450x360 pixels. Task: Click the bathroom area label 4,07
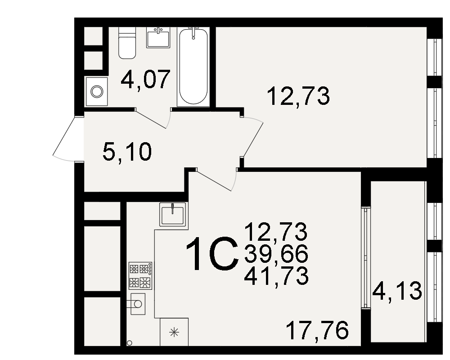click(145, 80)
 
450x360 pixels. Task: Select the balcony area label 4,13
click(397, 291)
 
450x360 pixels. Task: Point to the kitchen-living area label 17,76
click(317, 330)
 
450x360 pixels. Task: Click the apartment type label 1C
click(212, 254)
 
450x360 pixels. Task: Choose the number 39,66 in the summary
click(276, 254)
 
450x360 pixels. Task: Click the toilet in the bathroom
click(127, 43)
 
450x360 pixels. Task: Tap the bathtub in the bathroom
click(193, 66)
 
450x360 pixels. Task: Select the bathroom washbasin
click(158, 38)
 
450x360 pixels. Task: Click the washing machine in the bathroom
click(96, 91)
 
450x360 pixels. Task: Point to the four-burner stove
click(140, 275)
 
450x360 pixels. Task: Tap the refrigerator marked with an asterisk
click(174, 332)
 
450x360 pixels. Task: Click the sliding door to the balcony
click(365, 257)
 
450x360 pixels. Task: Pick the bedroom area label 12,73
click(298, 96)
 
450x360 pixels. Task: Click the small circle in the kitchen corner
click(130, 343)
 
